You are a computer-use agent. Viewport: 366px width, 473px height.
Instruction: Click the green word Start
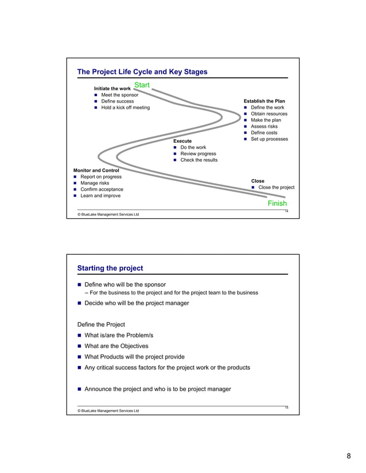[142, 85]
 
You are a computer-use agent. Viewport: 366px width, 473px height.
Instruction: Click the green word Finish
[277, 203]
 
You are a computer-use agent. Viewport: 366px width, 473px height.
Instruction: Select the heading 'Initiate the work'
[112, 89]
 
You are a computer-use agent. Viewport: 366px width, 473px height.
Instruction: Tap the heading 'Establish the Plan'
[264, 101]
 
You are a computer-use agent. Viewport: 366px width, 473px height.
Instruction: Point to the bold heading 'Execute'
[182, 141]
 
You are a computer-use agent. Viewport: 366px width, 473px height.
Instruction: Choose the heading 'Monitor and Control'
[96, 171]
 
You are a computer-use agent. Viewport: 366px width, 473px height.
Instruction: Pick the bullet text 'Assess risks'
[264, 127]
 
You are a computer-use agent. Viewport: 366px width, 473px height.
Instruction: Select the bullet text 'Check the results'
[199, 160]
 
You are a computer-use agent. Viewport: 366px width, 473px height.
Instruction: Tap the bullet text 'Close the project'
[276, 187]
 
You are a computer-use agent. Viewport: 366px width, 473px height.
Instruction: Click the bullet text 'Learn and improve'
[100, 195]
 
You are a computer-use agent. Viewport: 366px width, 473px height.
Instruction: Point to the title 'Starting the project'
[110, 268]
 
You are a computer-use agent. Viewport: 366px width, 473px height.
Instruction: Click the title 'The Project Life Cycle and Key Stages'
[142, 72]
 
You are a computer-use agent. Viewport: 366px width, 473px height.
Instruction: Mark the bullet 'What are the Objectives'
[116, 346]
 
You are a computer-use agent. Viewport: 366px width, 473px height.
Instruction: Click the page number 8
[348, 456]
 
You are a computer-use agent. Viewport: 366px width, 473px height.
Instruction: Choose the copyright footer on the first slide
[104, 215]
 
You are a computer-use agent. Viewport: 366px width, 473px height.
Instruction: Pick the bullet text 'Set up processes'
[269, 139]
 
